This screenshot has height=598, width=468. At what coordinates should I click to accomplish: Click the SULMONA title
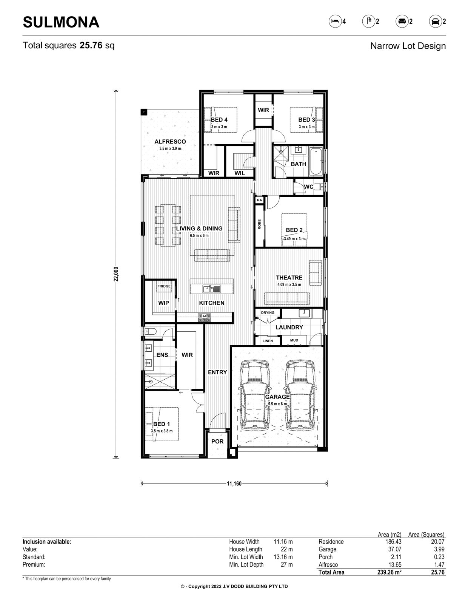pos(61,22)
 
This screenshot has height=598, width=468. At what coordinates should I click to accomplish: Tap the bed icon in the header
pos(335,22)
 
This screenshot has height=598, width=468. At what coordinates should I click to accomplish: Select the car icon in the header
pos(435,22)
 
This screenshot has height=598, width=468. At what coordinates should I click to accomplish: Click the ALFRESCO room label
pos(170,142)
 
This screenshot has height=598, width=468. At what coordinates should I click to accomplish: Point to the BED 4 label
pos(219,120)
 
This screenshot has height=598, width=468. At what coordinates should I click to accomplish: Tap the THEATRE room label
pos(289,278)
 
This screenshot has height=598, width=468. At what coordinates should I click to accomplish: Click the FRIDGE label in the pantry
pos(164,286)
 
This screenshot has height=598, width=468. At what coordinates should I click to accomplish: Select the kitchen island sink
pos(212,289)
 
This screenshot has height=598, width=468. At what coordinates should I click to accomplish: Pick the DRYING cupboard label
pos(268,313)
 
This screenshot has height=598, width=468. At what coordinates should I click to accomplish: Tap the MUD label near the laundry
pos(294,340)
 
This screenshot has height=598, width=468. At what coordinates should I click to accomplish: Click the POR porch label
pos(217,441)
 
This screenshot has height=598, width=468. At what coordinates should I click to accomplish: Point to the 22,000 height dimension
pos(116,274)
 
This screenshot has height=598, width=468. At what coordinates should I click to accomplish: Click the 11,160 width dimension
pos(234,484)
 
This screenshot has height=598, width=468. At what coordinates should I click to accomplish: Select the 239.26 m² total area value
pos(389,572)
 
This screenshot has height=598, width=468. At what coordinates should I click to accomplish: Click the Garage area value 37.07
pos(394,557)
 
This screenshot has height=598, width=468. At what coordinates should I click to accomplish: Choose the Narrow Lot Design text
pos(408,46)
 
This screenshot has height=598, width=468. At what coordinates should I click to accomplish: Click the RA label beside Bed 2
pos(259,200)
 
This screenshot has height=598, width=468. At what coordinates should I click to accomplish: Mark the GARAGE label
pos(277,397)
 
